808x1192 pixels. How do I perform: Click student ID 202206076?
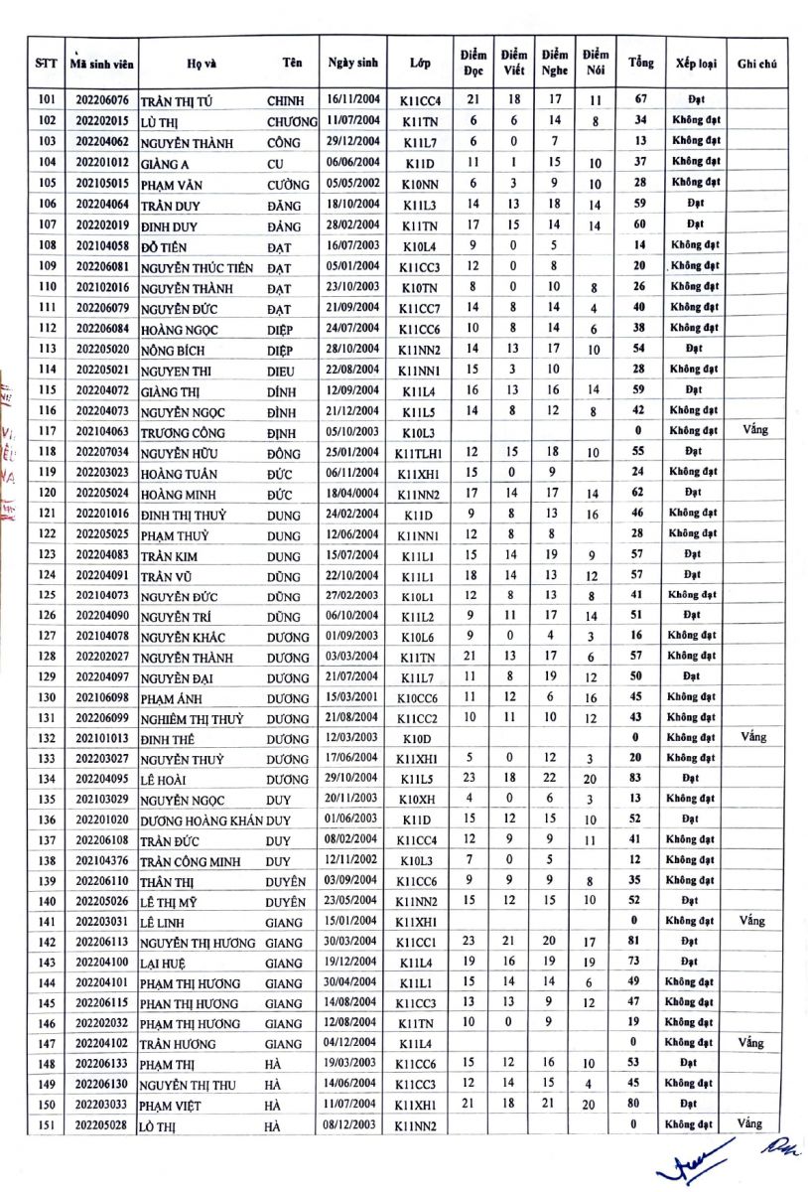[x=103, y=100]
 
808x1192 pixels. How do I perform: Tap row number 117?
[x=47, y=432]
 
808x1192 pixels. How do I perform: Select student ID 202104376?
[x=103, y=860]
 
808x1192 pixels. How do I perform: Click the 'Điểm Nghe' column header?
[x=555, y=63]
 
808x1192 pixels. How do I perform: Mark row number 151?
[x=47, y=1123]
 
